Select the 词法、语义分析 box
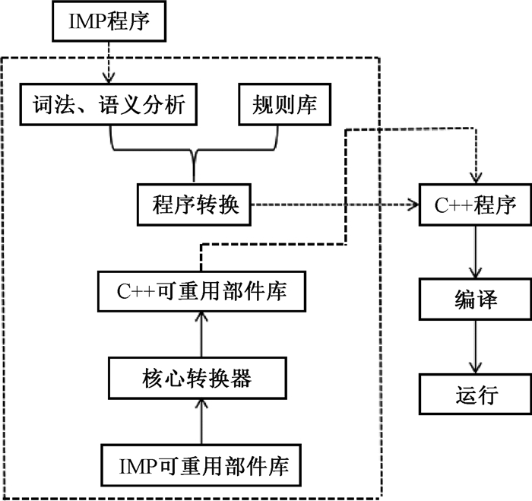[x=111, y=104]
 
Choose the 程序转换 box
[x=196, y=205]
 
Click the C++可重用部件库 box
[x=201, y=290]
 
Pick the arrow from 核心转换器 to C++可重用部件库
[x=201, y=334]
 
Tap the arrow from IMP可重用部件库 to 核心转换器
[x=201, y=420]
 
